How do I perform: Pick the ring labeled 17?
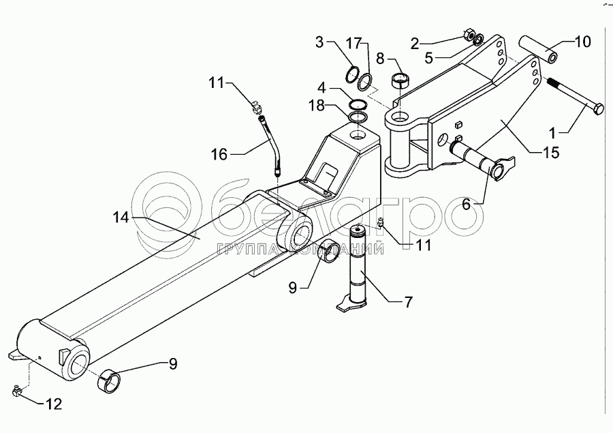366,82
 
